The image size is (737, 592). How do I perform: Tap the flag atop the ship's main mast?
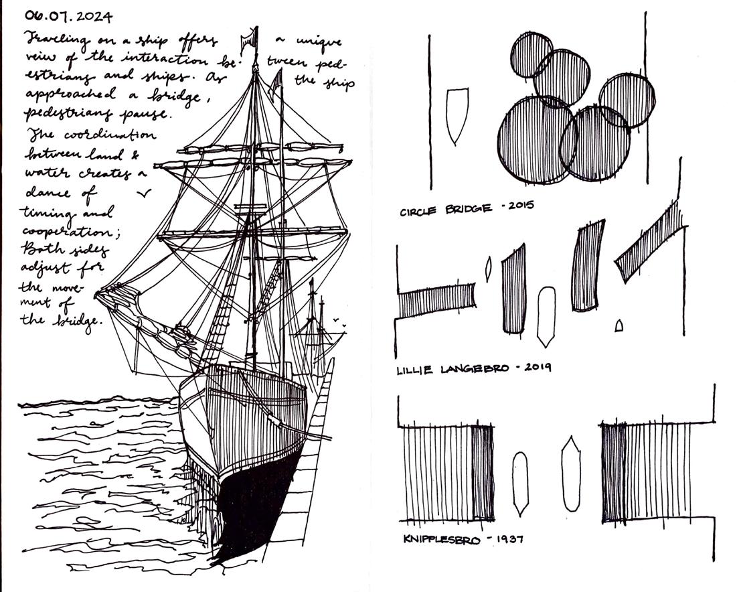coord(250,38)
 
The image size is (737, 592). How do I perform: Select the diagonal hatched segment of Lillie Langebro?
coord(651,244)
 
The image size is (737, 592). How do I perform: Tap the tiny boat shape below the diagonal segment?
coord(619,325)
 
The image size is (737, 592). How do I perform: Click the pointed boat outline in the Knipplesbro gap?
coord(570,473)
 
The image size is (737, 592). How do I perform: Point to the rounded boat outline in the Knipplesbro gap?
coord(520,483)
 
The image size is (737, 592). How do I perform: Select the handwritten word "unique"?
coord(319,42)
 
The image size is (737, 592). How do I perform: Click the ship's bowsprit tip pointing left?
coord(99,293)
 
